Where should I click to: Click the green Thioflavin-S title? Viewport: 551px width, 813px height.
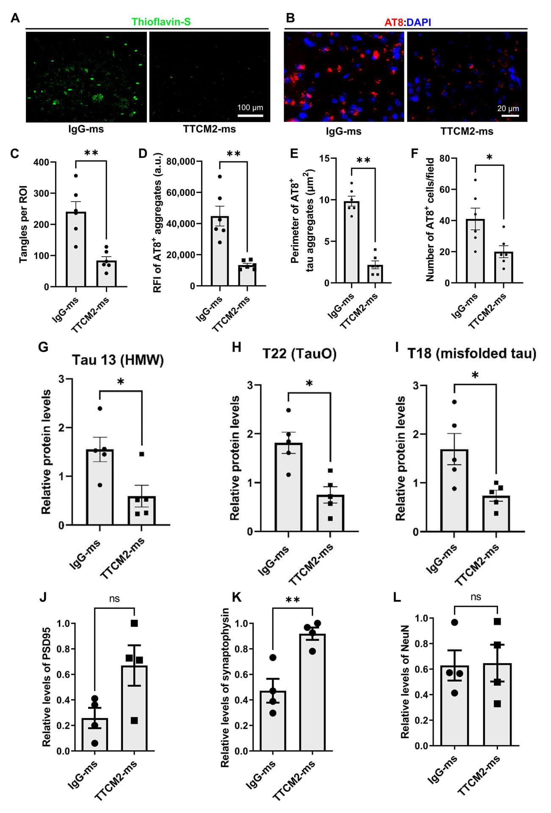pyautogui.click(x=161, y=22)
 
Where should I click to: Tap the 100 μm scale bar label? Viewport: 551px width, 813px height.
pyautogui.click(x=250, y=108)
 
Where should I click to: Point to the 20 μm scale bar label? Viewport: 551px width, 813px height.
pyautogui.click(x=508, y=108)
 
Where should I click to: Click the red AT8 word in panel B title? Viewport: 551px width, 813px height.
pyautogui.click(x=394, y=22)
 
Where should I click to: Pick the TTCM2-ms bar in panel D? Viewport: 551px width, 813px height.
pyautogui.click(x=247, y=275)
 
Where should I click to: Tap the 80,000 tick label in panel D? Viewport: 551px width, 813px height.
pyautogui.click(x=181, y=161)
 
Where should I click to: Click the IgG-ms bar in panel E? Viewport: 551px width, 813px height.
pyautogui.click(x=352, y=242)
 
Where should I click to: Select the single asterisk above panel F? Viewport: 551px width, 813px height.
pyautogui.click(x=489, y=158)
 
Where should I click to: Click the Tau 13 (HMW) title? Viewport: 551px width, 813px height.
pyautogui.click(x=118, y=360)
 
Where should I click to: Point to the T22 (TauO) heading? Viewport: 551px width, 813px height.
pyautogui.click(x=299, y=353)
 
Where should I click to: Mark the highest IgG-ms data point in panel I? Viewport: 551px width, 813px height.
pyautogui.click(x=454, y=402)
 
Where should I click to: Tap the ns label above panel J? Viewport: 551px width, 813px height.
pyautogui.click(x=114, y=598)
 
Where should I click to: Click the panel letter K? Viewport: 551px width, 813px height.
pyautogui.click(x=237, y=597)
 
